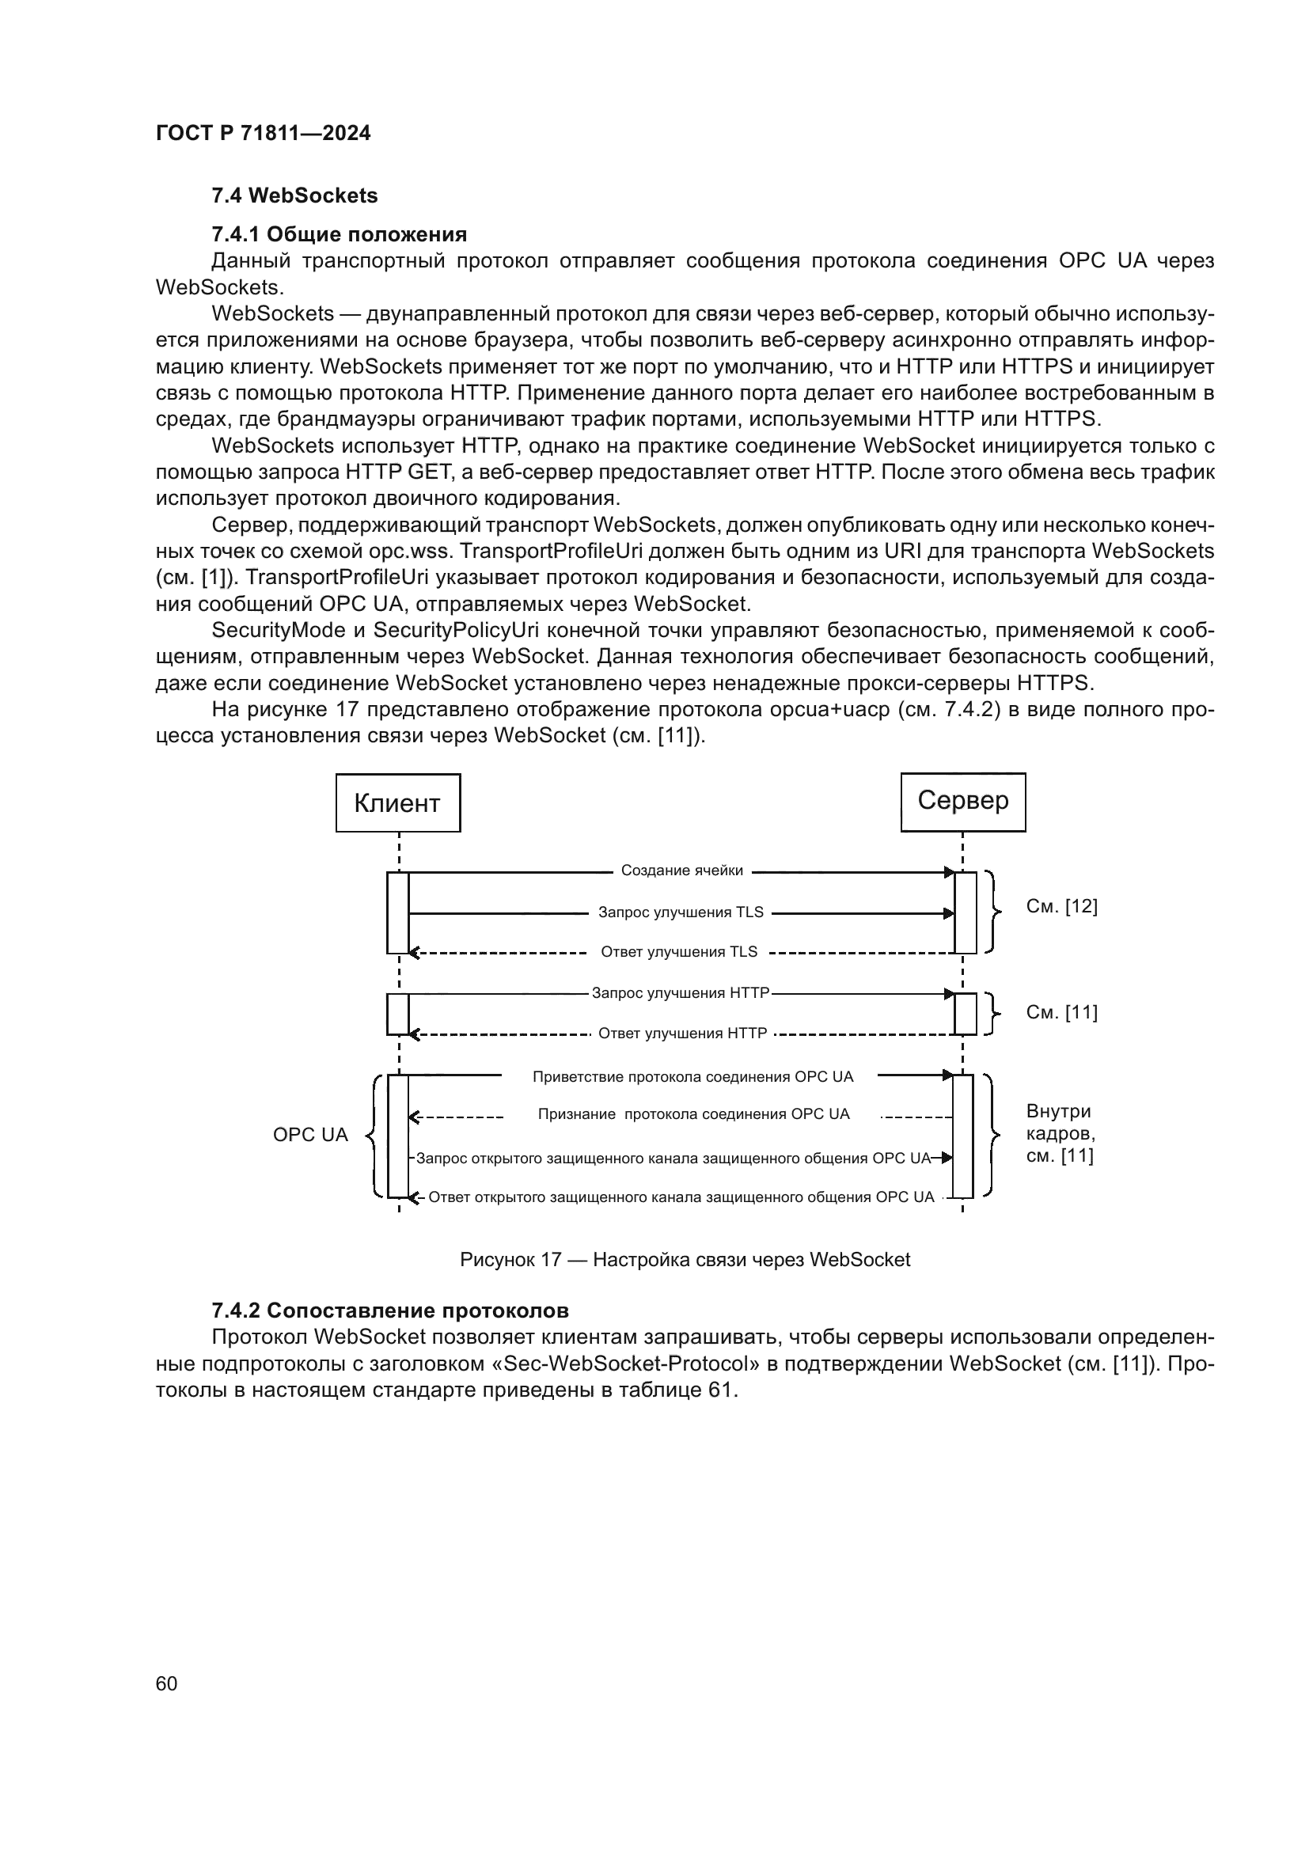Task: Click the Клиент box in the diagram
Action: click(x=397, y=803)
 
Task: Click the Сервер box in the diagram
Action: click(x=962, y=802)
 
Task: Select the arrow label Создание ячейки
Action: click(x=682, y=871)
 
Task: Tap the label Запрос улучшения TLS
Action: click(x=681, y=912)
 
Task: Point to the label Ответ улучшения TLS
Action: click(x=679, y=952)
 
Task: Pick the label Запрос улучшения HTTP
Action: click(x=681, y=993)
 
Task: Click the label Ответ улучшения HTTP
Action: click(x=682, y=1034)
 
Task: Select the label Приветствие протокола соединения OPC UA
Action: click(x=692, y=1077)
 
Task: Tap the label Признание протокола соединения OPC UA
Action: click(x=693, y=1114)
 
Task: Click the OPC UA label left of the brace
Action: click(x=310, y=1135)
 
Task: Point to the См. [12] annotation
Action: click(x=1061, y=907)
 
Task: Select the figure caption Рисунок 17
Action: click(x=685, y=1260)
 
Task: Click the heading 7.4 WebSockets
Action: click(x=294, y=196)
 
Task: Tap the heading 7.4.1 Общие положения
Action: click(x=339, y=234)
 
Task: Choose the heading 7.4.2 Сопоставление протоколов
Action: click(x=390, y=1310)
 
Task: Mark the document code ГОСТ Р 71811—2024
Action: click(x=263, y=134)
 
